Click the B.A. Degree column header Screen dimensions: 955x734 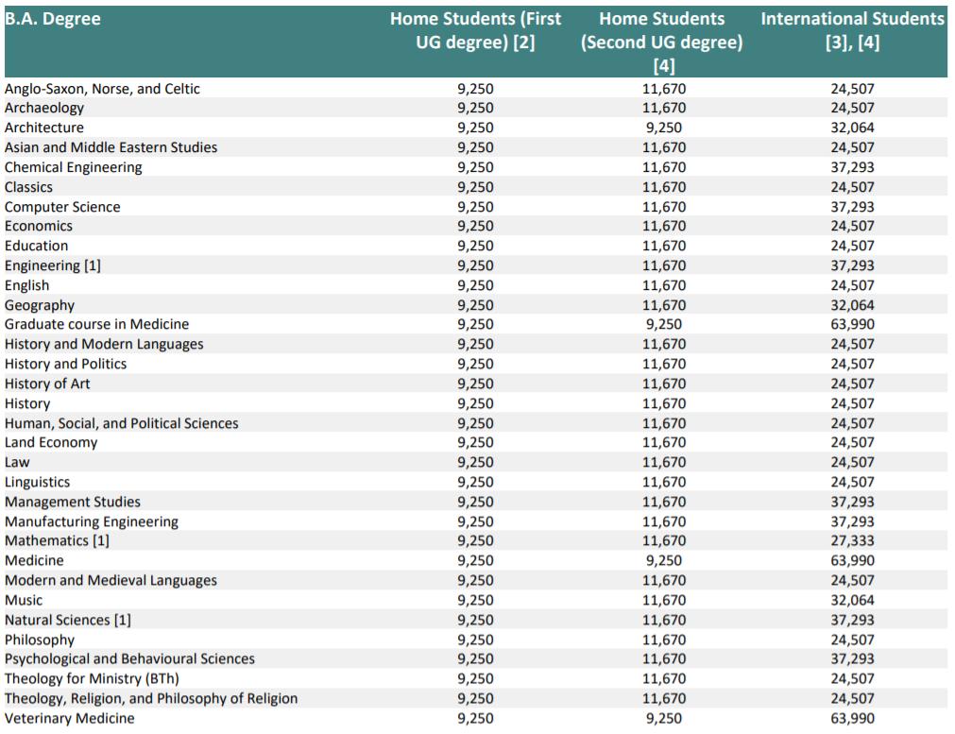pos(52,19)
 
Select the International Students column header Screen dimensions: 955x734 pos(852,30)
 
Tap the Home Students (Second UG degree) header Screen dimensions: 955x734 pos(662,42)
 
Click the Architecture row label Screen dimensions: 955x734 pos(43,128)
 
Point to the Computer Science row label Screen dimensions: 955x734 pos(62,207)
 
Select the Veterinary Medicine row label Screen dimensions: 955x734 pos(70,719)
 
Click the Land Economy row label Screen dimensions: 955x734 pos(51,443)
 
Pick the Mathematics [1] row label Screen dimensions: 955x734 pos(57,541)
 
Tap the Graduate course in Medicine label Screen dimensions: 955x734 pos(97,325)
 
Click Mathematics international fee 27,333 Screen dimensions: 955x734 pos(852,541)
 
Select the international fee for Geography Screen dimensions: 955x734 pos(852,305)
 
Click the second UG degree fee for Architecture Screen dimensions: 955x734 pos(664,128)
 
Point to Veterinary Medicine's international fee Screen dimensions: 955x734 pos(852,719)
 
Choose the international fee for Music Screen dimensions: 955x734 pos(852,601)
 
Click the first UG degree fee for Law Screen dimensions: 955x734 pos(476,462)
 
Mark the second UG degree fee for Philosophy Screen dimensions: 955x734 pos(664,640)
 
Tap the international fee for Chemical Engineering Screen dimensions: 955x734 pos(852,167)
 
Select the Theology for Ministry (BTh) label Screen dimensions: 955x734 pos(92,679)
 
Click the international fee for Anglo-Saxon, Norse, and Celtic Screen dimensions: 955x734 pos(852,89)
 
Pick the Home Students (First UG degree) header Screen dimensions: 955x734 pos(476,30)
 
